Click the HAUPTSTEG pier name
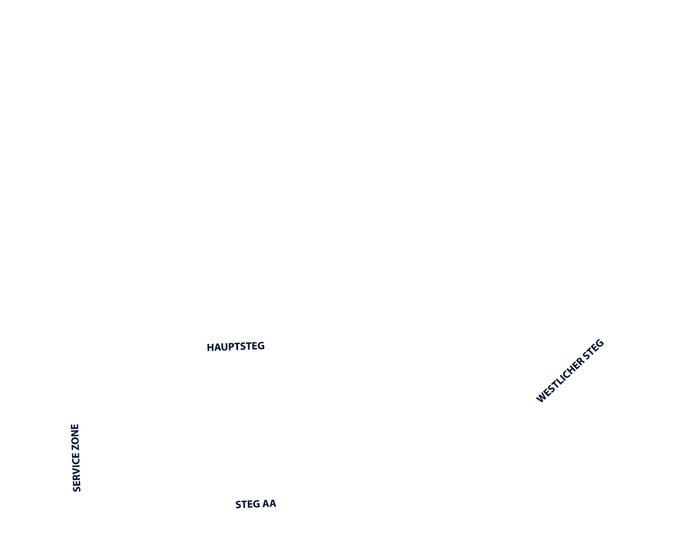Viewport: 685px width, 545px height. click(236, 347)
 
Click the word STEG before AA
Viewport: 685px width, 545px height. click(246, 504)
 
